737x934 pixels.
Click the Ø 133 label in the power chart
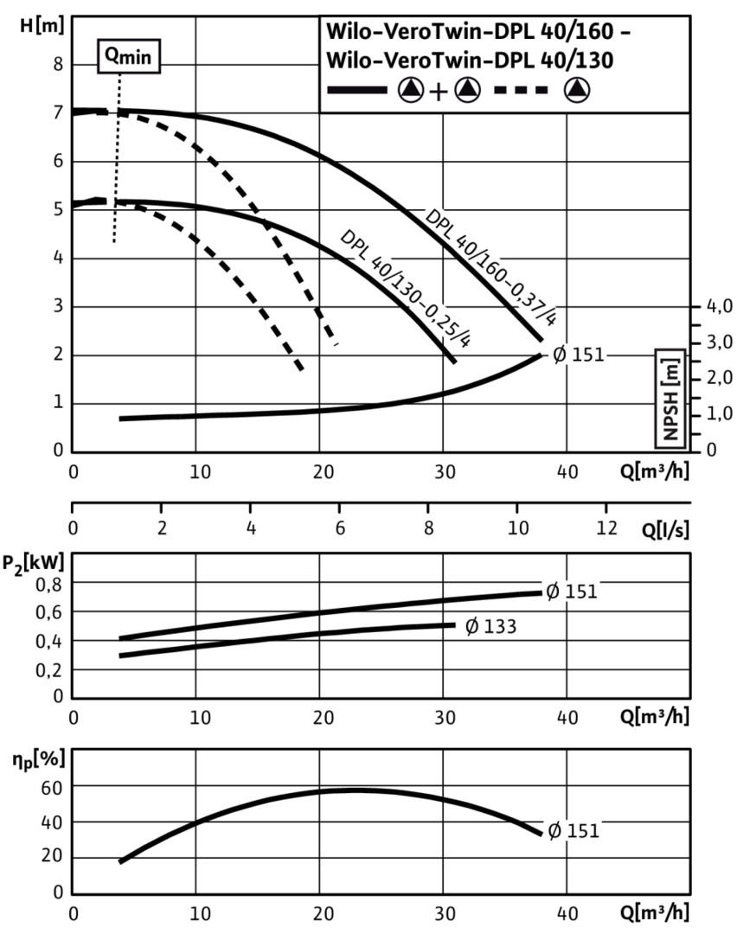tap(490, 626)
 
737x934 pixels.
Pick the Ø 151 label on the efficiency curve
tap(573, 831)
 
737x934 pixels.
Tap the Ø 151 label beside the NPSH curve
tap(578, 355)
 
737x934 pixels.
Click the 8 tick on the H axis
tap(59, 64)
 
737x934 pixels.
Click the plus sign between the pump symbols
tap(439, 90)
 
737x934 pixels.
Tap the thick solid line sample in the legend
tap(357, 90)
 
